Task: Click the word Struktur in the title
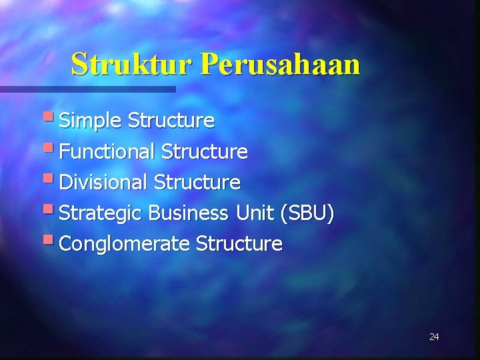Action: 131,65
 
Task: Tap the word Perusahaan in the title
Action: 280,65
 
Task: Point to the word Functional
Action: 107,152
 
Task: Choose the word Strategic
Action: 101,213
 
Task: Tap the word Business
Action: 188,213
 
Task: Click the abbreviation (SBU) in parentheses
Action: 307,213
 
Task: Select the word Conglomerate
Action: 125,244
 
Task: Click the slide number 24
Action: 434,337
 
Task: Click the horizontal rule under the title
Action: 87,89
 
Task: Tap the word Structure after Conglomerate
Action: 239,244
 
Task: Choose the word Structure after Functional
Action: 205,152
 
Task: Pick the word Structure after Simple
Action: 171,121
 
